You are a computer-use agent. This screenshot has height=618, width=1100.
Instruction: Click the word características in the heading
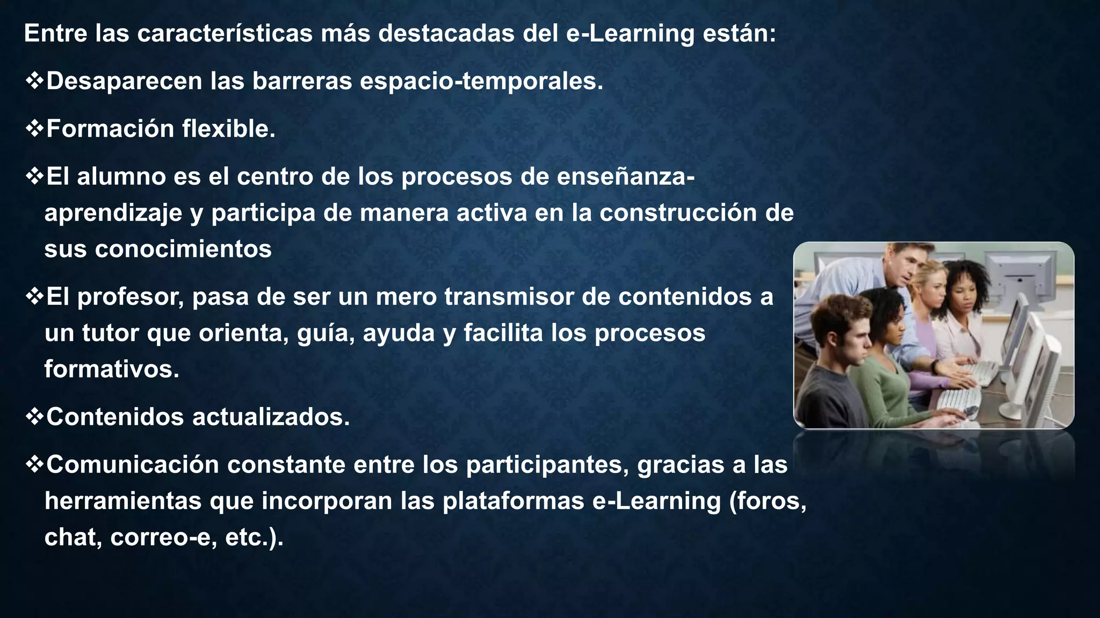click(225, 34)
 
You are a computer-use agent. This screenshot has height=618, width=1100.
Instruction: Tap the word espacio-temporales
click(481, 82)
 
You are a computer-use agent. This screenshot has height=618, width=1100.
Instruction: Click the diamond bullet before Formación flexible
click(34, 129)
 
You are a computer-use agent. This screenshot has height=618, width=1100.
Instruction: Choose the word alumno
click(121, 177)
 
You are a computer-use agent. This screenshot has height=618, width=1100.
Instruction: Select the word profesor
click(131, 297)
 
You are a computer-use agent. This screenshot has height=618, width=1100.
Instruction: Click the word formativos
click(111, 370)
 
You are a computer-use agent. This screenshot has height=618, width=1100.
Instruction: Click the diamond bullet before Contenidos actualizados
click(34, 417)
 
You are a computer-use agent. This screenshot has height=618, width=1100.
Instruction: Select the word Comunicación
click(132, 465)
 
